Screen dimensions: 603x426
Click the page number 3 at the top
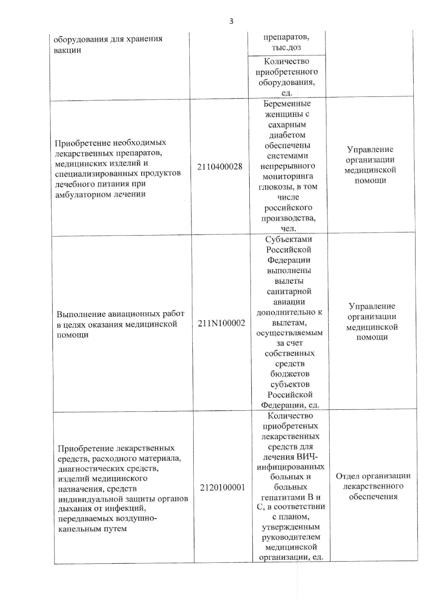tap(231, 21)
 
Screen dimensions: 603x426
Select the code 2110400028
tap(220, 167)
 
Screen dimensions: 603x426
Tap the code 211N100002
tap(221, 323)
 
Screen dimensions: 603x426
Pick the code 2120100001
tap(222, 488)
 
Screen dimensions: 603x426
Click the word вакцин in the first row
tap(67, 50)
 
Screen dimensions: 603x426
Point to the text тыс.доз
tap(286, 47)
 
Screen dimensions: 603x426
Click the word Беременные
tap(287, 104)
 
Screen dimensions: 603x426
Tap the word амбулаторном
tap(78, 194)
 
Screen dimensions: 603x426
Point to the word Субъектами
tap(288, 239)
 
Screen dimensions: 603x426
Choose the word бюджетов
tap(290, 374)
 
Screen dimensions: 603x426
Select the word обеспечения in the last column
tap(373, 496)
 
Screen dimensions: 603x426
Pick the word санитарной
tap(289, 292)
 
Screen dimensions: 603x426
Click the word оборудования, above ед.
tap(286, 82)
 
